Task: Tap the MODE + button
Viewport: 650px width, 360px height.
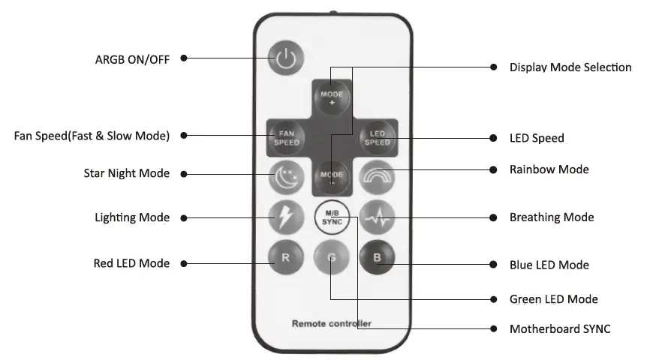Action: (332, 99)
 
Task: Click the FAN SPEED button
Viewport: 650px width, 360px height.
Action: (286, 138)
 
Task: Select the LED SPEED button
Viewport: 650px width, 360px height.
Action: (377, 138)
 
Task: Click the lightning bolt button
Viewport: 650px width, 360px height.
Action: (286, 218)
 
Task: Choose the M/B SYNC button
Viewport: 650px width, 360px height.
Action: (331, 218)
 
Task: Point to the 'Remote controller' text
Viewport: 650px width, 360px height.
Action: (331, 324)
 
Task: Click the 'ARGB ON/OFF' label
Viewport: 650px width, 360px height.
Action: (132, 58)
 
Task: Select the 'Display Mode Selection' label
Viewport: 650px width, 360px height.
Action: (570, 67)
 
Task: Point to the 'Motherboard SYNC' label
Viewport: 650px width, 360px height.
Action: (560, 328)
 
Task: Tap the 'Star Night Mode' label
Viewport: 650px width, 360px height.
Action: (127, 173)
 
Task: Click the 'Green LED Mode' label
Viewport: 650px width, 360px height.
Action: (554, 299)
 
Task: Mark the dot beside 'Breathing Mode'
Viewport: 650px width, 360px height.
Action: (493, 217)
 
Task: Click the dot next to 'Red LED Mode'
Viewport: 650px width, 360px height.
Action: (185, 263)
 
